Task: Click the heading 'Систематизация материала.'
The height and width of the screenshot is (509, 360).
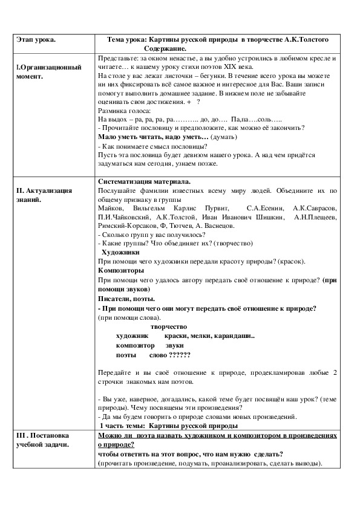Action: pos(143,181)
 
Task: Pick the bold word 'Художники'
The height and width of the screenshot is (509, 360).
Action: pos(121,251)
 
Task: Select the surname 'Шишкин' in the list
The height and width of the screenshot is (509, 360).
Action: pos(267,216)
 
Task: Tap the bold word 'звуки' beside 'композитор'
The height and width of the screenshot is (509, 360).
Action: pos(166,345)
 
